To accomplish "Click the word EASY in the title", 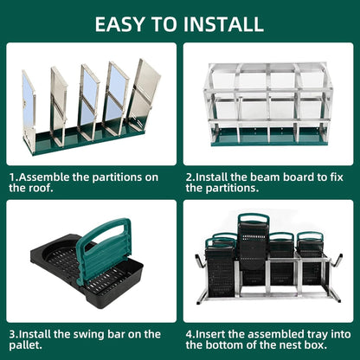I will pyautogui.click(x=122, y=23).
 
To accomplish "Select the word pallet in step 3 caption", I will pyautogui.click(x=28, y=344).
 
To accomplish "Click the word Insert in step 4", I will pyautogui.click(x=215, y=331).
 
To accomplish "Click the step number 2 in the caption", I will pyautogui.click(x=189, y=177).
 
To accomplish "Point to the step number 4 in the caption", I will pyautogui.click(x=189, y=331).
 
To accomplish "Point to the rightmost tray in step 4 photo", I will pyautogui.click(x=310, y=260).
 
